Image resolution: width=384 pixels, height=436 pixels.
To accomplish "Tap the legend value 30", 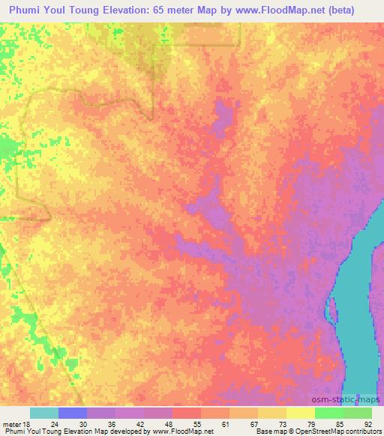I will (x=73, y=422).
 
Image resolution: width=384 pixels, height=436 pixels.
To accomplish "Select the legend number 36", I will (x=101, y=422).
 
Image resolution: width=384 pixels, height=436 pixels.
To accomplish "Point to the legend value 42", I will (x=130, y=422).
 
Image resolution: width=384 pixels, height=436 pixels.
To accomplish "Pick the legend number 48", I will (x=158, y=422).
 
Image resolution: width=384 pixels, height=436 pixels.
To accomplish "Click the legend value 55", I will (x=187, y=422).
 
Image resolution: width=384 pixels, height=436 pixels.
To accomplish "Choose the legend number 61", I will (x=216, y=422).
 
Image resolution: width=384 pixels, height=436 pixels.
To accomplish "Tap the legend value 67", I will (x=244, y=422).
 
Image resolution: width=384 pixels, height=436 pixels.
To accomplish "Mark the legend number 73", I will (x=273, y=422).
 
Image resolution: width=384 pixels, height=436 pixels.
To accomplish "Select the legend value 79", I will (x=301, y=422).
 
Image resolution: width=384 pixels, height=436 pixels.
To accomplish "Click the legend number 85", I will (x=330, y=422).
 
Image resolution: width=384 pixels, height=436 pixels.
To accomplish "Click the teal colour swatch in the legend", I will (x=44, y=413).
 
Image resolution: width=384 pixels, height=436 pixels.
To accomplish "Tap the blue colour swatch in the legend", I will (x=73, y=413).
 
